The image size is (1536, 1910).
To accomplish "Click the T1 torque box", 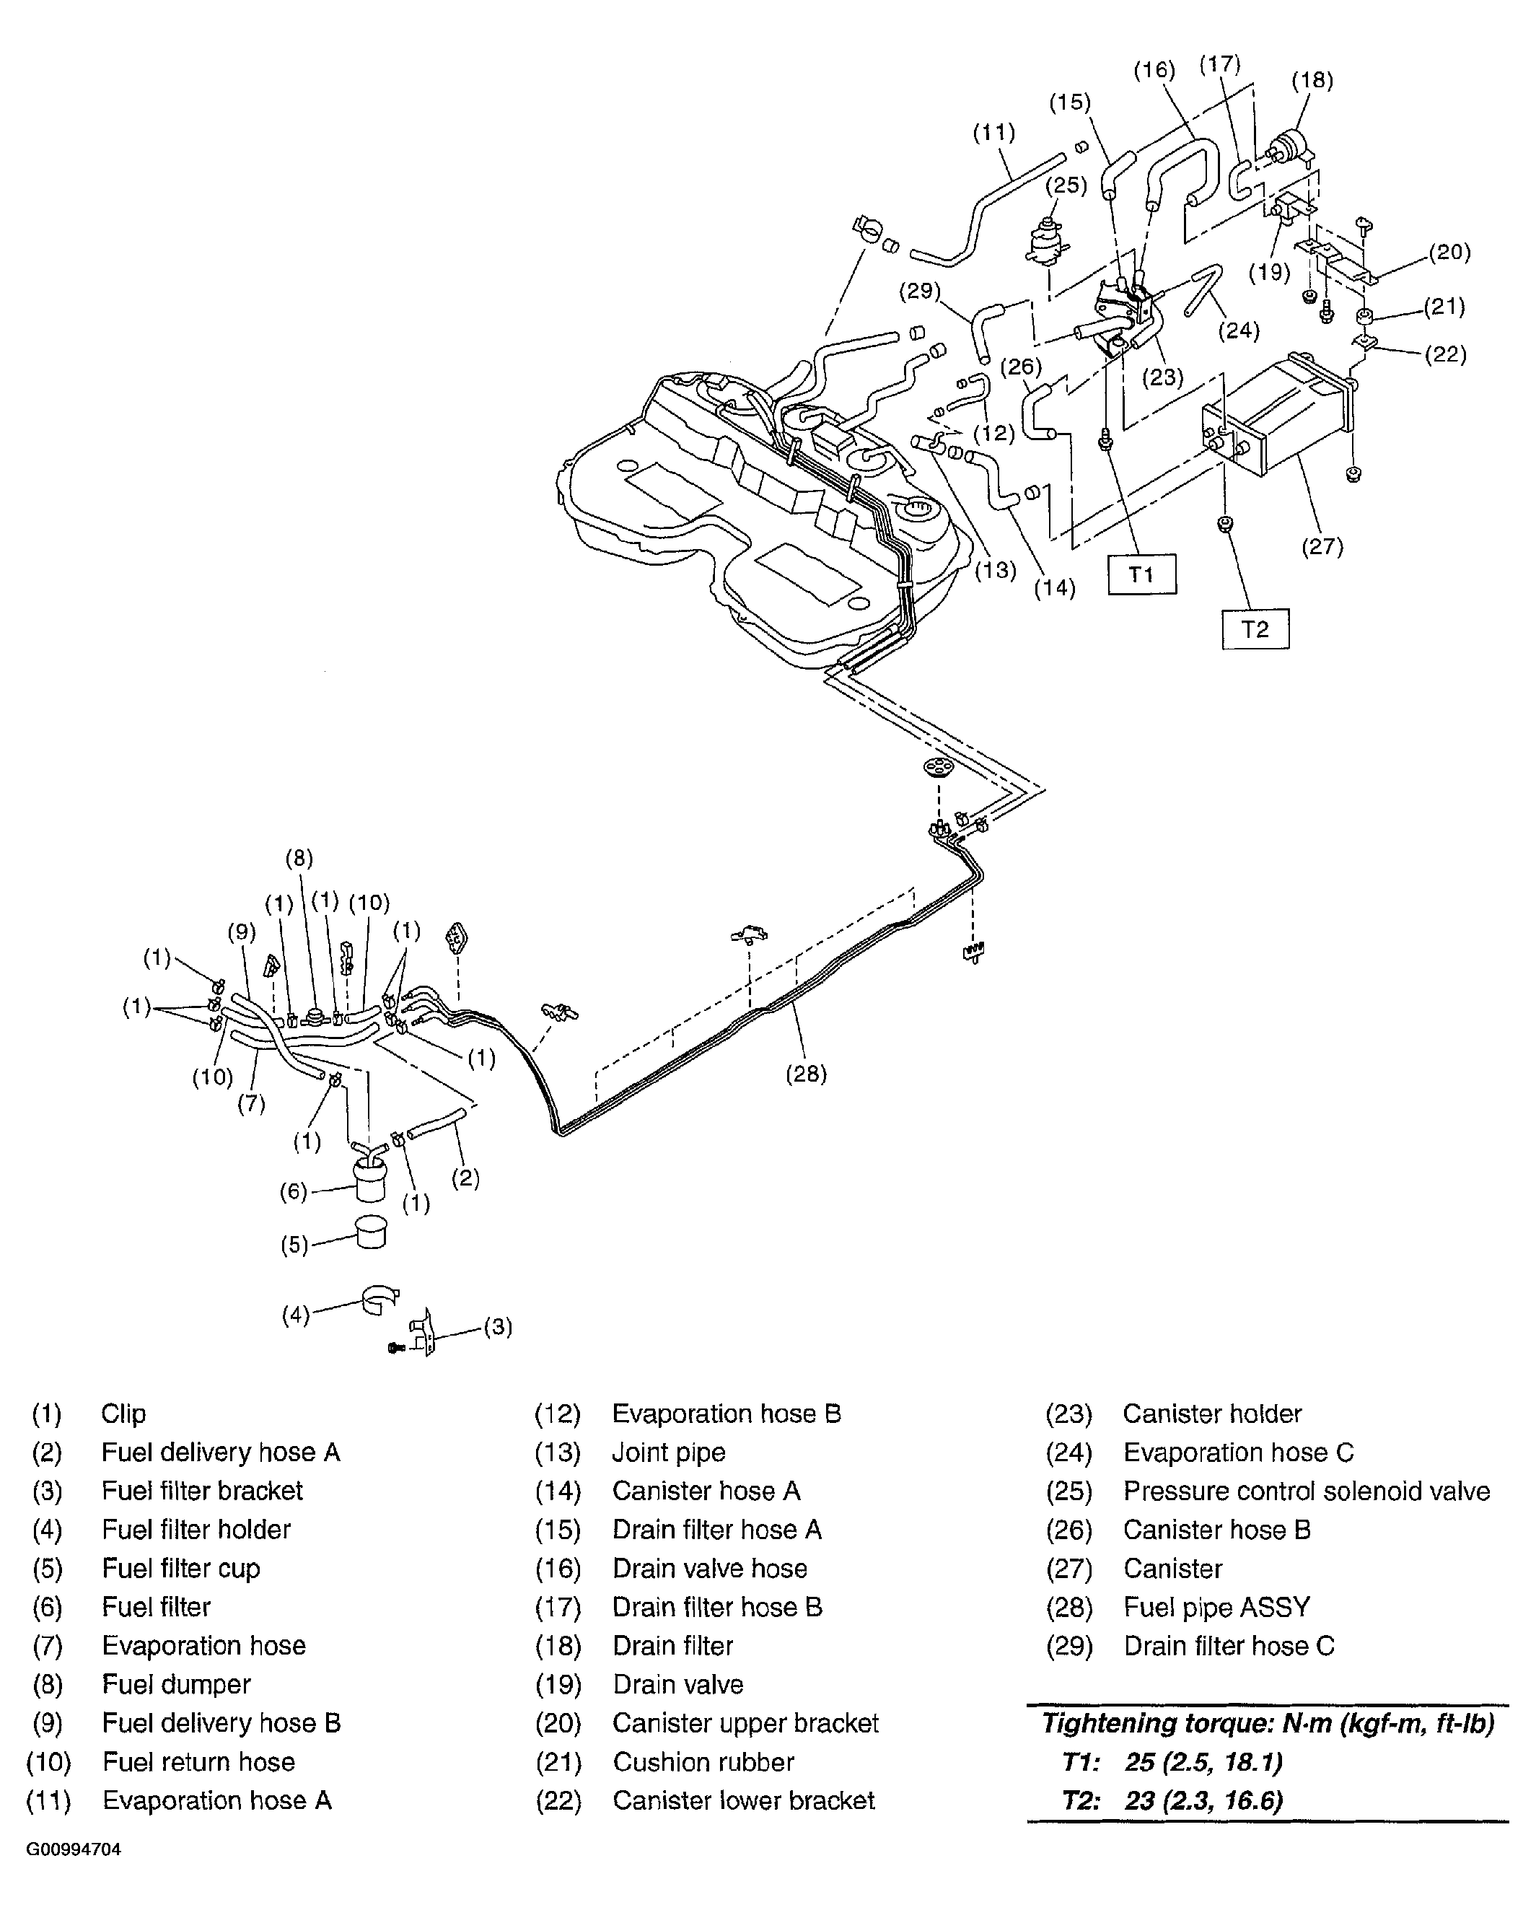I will pyautogui.click(x=1142, y=575).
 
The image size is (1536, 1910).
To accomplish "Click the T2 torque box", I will pyautogui.click(x=1255, y=629).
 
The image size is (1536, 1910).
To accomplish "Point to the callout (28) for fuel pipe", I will pyautogui.click(x=805, y=1074).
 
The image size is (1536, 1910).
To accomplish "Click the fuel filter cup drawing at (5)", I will pyautogui.click(x=371, y=1232).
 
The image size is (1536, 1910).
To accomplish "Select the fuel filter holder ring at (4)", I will pyautogui.click(x=379, y=1302).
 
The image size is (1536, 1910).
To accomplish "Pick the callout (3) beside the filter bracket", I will pyautogui.click(x=497, y=1326).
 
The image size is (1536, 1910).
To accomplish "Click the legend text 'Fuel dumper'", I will pyautogui.click(x=176, y=1684).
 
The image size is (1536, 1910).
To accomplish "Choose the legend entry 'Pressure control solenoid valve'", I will pyautogui.click(x=1306, y=1491).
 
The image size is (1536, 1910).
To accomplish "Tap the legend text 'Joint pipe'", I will pyautogui.click(x=668, y=1452).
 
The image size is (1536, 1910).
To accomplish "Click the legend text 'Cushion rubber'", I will pyautogui.click(x=703, y=1762).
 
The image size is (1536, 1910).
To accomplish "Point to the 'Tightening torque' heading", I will pyautogui.click(x=1267, y=1723).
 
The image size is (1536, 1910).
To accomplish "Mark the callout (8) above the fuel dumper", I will pyautogui.click(x=299, y=857).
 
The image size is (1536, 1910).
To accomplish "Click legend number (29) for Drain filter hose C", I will pyautogui.click(x=1068, y=1646).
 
